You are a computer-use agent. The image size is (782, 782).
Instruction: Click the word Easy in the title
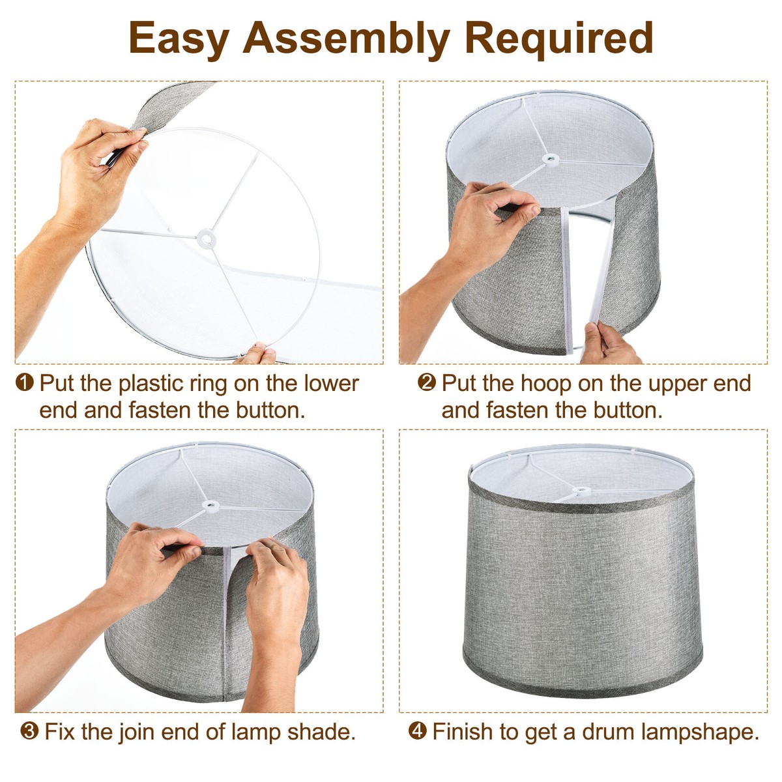179,38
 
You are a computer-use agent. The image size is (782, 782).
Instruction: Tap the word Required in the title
558,38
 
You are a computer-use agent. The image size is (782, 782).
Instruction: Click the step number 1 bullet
24,383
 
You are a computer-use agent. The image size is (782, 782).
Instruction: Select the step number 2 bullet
426,383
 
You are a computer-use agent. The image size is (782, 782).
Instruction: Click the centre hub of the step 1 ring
206,239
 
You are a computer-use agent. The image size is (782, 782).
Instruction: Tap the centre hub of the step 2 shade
550,159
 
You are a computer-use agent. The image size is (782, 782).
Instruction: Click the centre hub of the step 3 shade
210,506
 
